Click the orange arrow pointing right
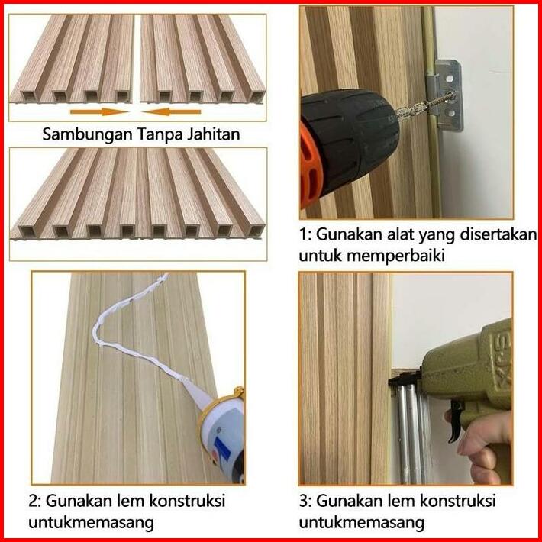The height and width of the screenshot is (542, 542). click(99, 111)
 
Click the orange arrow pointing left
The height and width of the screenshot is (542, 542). click(172, 111)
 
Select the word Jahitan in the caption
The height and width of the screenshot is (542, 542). click(213, 134)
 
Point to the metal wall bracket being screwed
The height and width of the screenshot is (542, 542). click(447, 95)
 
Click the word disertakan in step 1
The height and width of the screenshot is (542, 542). click(498, 234)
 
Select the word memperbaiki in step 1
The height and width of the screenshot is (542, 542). click(395, 256)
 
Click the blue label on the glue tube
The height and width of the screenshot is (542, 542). click(221, 449)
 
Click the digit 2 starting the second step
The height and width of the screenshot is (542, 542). click(34, 501)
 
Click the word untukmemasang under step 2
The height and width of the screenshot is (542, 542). click(92, 522)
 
